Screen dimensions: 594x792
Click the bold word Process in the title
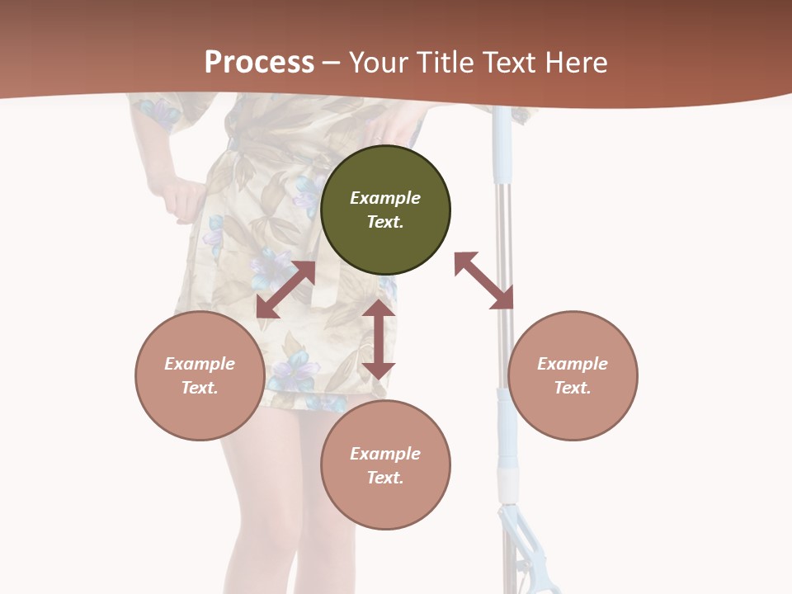click(259, 63)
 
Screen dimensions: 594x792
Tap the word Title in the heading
click(448, 63)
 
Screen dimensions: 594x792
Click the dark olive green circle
click(385, 210)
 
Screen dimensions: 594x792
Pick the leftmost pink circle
click(200, 375)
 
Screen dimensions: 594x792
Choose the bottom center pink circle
click(385, 464)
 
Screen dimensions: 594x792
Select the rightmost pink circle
click(573, 375)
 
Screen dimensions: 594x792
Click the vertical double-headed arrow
click(379, 339)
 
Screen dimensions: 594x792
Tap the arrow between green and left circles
click(285, 290)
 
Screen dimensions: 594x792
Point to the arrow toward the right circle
click(484, 280)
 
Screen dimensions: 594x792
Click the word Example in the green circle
click(385, 198)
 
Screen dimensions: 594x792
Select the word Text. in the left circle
click(200, 388)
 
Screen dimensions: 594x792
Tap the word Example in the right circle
click(573, 364)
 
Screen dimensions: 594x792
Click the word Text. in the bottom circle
click(385, 478)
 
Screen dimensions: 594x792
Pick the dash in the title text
click(332, 64)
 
